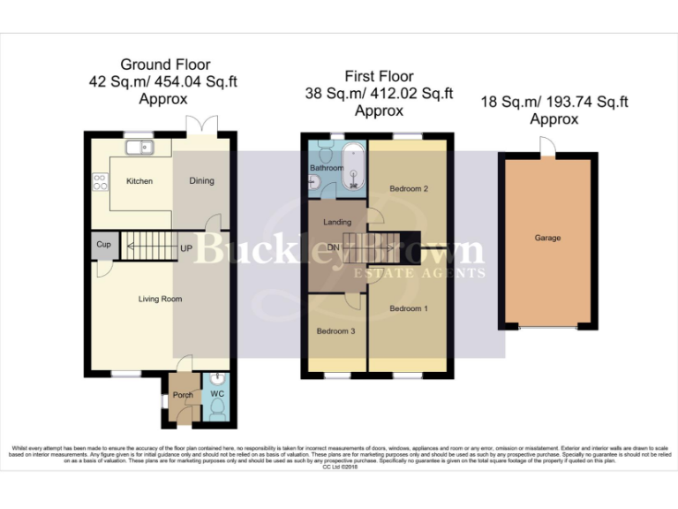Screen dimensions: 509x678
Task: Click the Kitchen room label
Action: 139,181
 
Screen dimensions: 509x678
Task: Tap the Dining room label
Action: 202,181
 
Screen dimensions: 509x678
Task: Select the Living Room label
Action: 160,299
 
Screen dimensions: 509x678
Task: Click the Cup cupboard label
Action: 103,244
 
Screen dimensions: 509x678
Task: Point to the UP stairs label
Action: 186,248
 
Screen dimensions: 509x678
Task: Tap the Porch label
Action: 183,394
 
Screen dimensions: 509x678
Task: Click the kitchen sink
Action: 140,148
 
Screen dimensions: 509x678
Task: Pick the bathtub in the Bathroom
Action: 355,165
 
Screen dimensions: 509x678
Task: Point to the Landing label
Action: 337,222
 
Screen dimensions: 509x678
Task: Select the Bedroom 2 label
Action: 409,188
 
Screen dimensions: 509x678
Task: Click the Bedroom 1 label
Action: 409,308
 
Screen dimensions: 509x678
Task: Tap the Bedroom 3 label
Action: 335,330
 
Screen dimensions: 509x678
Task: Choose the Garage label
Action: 547,238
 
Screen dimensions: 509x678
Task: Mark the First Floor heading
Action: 379,76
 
